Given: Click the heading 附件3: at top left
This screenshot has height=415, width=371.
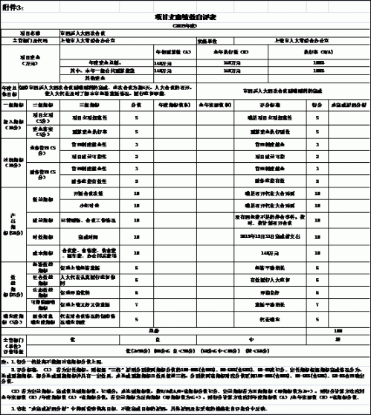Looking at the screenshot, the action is pyautogui.click(x=16, y=6).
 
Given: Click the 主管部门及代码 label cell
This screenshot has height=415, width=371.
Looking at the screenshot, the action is pyautogui.click(x=29, y=42).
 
